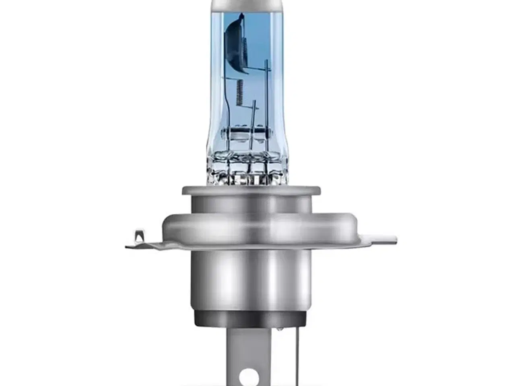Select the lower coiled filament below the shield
coord(240,92)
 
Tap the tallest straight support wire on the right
coord(266,101)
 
